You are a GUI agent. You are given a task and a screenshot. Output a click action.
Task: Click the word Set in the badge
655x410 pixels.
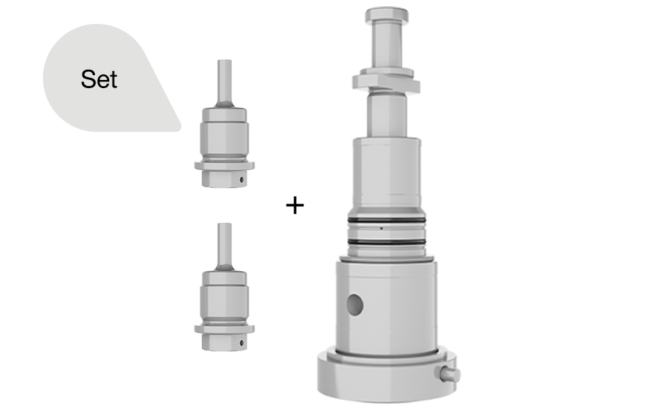(x=99, y=79)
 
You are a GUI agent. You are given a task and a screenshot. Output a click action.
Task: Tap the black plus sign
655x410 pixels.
(x=295, y=205)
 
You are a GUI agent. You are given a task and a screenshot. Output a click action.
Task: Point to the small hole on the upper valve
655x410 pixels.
(x=241, y=180)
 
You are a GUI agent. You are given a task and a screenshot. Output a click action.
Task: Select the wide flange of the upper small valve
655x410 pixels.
(x=224, y=165)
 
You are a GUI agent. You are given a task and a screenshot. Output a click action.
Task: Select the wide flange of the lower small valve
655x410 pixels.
(x=224, y=329)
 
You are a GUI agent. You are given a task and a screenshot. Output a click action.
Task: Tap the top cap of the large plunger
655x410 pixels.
(x=386, y=15)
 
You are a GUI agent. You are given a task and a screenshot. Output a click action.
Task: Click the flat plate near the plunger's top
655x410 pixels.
(x=386, y=81)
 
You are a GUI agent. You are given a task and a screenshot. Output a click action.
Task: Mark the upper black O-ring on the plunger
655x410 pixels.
(x=386, y=220)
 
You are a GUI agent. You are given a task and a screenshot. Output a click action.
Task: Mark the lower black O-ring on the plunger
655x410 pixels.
(x=386, y=242)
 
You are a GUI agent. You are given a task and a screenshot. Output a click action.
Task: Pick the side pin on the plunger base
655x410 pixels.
(x=451, y=374)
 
